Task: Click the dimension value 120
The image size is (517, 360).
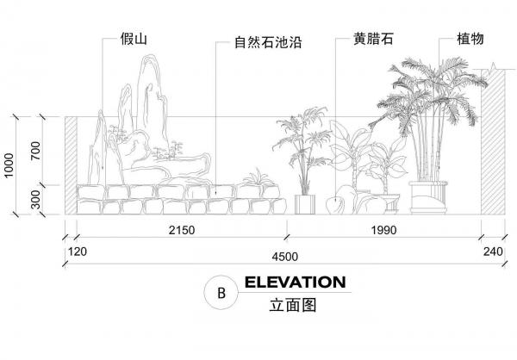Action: coord(78,252)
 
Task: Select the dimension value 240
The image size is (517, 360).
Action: coord(493,252)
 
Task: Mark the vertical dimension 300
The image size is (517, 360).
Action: coord(34,198)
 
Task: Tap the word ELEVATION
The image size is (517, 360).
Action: coord(295,282)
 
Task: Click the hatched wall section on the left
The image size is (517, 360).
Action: coord(70,164)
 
